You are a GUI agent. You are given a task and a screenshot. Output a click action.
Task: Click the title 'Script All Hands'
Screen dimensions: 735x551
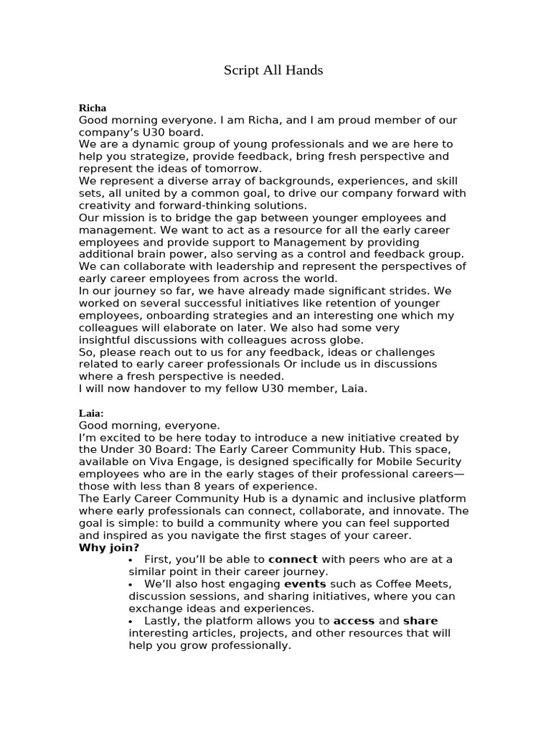[273, 70]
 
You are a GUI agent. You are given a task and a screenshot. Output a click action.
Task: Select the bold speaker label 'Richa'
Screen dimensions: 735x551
[92, 108]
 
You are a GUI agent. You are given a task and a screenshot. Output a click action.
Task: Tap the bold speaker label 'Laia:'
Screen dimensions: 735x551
[91, 413]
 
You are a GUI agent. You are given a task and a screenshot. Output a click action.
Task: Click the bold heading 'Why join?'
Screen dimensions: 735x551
[109, 548]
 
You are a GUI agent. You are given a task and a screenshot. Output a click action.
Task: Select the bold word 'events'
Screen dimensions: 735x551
[305, 584]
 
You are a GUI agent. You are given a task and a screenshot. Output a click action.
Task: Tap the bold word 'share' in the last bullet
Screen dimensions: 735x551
[420, 621]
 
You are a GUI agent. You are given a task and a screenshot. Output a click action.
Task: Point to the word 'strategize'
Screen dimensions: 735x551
[155, 156]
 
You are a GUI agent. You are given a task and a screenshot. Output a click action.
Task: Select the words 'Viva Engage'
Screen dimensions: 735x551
[189, 462]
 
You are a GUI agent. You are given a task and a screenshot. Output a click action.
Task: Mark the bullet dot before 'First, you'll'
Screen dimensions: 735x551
[130, 560]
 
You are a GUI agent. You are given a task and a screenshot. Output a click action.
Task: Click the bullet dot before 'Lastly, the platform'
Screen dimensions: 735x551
[130, 621]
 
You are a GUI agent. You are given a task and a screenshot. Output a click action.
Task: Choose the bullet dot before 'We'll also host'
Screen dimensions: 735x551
[130, 584]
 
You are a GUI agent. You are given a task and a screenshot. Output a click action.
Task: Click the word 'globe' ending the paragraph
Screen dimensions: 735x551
[347, 340]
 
